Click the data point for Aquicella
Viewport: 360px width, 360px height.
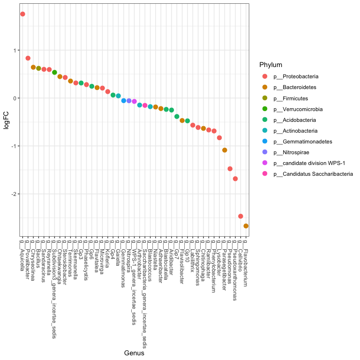click(22, 14)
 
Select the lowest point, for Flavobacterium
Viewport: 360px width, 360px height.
click(246, 226)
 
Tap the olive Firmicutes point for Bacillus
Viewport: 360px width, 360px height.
click(38, 68)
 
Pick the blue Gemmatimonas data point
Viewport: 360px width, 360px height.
click(124, 100)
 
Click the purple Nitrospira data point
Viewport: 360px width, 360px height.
click(129, 101)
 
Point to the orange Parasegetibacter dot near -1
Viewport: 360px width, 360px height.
click(225, 150)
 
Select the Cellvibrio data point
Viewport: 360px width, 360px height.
click(240, 216)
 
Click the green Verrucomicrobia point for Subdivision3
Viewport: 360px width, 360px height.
click(54, 73)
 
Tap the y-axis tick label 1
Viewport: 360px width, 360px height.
click(14, 51)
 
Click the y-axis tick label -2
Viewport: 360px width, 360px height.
click(13, 194)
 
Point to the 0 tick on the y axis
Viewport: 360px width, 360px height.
click(14, 98)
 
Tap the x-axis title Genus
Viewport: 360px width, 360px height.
click(134, 353)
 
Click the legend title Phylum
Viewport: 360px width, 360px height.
click(270, 65)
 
